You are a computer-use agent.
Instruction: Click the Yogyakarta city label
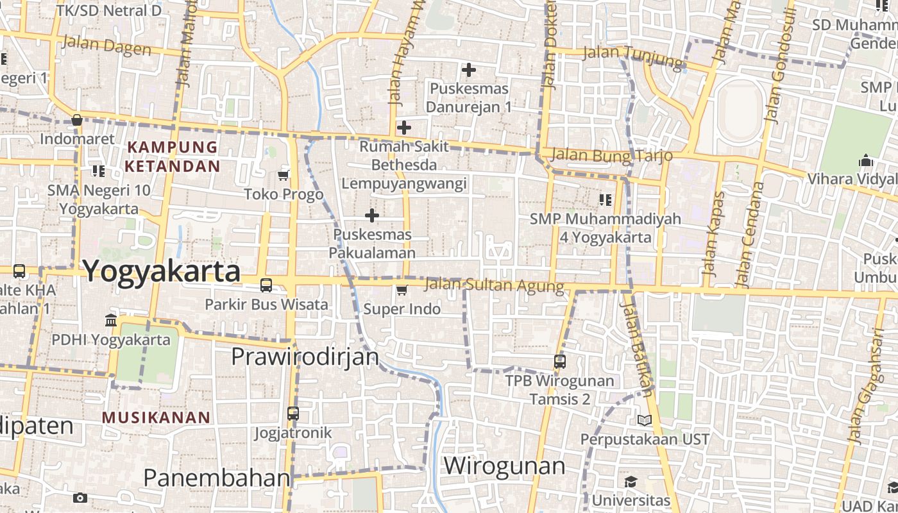162,271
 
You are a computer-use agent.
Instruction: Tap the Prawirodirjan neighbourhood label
305,356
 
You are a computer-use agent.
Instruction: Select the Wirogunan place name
504,465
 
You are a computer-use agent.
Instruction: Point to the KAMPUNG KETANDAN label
172,156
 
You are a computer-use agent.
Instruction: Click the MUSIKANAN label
156,417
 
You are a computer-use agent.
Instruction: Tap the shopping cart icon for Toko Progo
284,174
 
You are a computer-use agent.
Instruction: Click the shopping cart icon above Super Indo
402,290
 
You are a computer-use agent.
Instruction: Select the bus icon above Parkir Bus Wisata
266,285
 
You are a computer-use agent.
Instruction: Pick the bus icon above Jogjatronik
293,414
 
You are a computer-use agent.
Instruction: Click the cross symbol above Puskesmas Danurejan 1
469,69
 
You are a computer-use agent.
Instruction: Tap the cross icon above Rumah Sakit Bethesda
403,127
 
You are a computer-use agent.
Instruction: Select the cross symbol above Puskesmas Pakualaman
372,215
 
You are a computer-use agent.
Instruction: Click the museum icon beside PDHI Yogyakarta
111,320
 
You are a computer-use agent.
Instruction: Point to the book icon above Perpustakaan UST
645,420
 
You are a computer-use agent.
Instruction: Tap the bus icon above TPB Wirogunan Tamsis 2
560,362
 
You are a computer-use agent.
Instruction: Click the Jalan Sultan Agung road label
494,285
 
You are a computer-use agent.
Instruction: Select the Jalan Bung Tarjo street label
611,155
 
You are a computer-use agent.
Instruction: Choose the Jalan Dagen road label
106,46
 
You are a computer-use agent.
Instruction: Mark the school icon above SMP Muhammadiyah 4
605,200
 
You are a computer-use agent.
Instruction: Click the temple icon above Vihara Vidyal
866,160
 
